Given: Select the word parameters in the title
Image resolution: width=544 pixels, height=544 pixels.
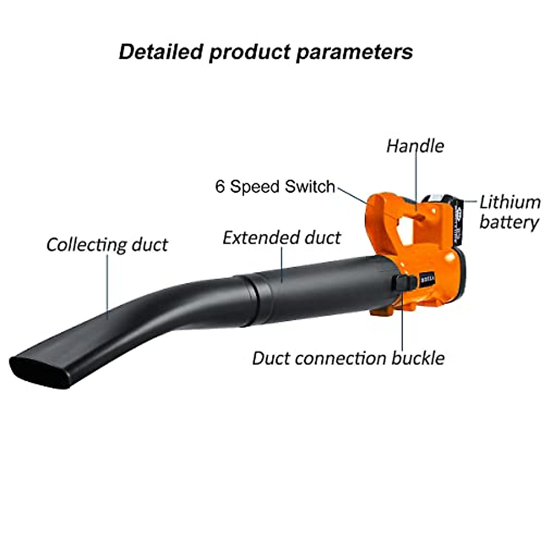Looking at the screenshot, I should (354, 51).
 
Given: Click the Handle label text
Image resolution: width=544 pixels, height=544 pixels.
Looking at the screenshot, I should (415, 146).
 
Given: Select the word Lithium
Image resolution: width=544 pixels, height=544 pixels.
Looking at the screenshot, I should (510, 202).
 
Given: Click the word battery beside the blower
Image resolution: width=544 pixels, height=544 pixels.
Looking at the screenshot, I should (509, 222).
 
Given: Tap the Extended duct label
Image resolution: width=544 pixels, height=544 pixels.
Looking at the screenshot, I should (282, 238).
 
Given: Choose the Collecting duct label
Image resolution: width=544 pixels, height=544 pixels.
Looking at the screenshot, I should (107, 245).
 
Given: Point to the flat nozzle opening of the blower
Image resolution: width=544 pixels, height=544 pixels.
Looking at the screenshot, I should (39, 369).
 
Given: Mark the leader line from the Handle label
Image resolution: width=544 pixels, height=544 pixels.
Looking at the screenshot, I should (416, 181).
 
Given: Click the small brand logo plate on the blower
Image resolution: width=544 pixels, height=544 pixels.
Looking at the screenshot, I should (427, 279).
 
